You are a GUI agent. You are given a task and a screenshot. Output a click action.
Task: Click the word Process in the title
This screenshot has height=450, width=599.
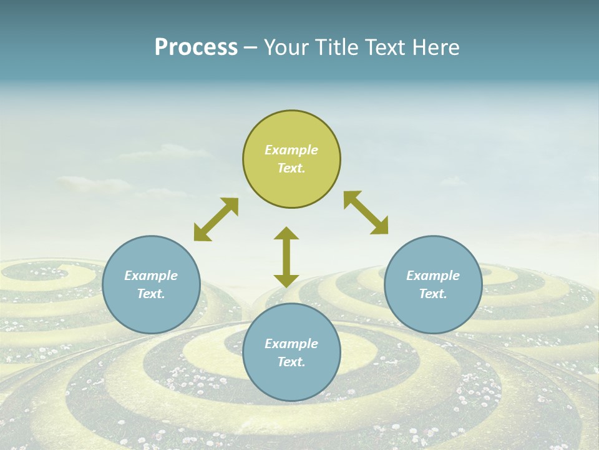(x=196, y=47)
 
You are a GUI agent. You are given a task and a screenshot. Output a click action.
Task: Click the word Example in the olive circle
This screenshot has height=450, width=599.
(x=291, y=150)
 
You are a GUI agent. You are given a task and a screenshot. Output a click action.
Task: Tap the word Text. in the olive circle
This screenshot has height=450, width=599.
(x=291, y=168)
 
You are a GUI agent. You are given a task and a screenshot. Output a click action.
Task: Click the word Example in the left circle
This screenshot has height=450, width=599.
(x=151, y=276)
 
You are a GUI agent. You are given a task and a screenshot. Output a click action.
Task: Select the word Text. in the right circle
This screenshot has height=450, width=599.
(x=433, y=294)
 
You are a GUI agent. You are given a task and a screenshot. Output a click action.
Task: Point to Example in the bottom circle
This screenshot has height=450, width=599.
(x=291, y=344)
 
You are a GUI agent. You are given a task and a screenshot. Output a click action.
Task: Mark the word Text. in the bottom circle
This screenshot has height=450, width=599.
(x=291, y=362)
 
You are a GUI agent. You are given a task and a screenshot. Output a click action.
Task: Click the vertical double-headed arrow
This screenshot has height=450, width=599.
(x=286, y=257)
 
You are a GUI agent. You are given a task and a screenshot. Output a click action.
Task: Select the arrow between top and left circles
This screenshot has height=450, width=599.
(x=216, y=219)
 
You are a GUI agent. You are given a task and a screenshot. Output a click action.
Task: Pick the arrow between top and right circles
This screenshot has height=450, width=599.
(x=366, y=213)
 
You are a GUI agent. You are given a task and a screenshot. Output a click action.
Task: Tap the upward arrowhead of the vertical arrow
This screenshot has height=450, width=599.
(x=286, y=234)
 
